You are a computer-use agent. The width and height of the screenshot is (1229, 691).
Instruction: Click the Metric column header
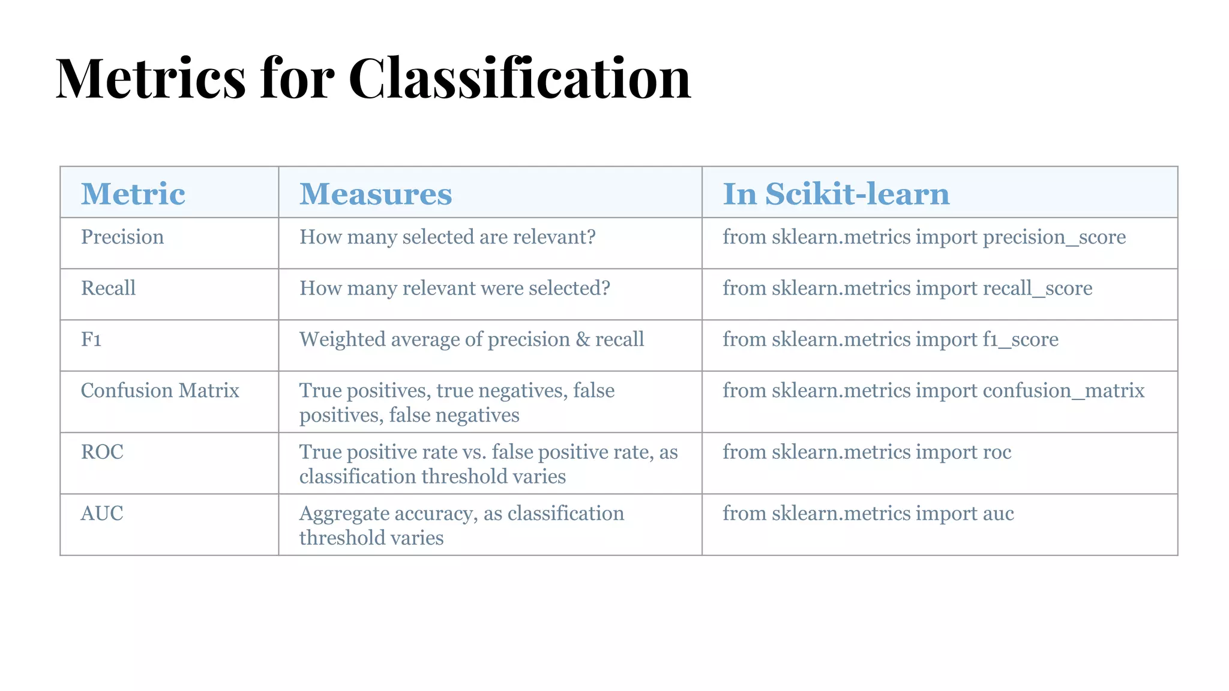(x=133, y=194)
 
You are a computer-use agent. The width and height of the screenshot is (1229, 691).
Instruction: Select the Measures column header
(x=376, y=194)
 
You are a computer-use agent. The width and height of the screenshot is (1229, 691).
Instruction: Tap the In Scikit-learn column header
(x=836, y=194)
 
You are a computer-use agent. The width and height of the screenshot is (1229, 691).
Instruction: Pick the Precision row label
(x=122, y=237)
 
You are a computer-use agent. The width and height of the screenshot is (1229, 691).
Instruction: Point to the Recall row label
(x=108, y=288)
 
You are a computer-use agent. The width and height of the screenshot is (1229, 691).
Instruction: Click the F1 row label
(x=91, y=340)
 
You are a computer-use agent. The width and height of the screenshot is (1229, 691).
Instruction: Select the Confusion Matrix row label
(x=160, y=390)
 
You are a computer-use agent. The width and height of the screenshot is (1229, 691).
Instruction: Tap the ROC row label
(x=102, y=452)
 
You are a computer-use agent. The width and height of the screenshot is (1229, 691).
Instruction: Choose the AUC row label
(x=102, y=513)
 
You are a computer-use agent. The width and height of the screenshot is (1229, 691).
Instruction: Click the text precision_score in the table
(x=1054, y=238)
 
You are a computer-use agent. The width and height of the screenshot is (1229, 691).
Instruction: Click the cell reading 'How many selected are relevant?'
(x=448, y=237)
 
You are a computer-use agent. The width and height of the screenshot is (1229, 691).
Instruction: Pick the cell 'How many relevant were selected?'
(x=455, y=288)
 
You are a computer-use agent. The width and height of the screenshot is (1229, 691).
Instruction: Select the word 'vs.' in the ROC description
(x=472, y=452)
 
